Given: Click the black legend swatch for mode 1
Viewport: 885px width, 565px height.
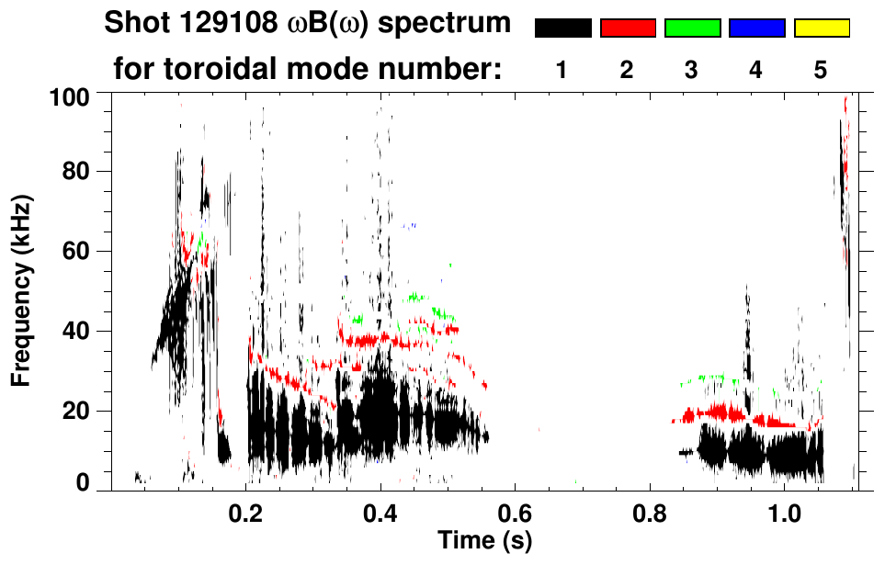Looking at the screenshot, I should point(563,28).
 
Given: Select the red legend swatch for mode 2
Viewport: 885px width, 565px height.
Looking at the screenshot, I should point(628,28).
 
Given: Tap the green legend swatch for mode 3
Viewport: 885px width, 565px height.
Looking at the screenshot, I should point(692,28).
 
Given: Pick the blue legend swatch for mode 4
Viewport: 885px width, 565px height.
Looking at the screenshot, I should point(756,28).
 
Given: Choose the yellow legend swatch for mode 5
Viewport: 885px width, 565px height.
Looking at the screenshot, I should point(821,28).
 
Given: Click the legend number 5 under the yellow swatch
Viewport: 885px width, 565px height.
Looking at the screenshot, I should point(821,71).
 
